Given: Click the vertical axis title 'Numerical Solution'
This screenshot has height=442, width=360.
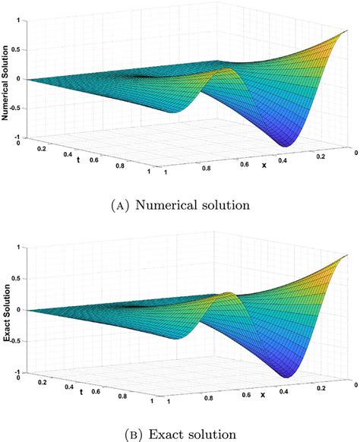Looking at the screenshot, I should (x=5, y=79).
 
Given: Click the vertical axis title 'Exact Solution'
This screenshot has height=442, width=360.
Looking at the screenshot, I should (x=5, y=310).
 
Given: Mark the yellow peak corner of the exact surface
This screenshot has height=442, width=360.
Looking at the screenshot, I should (x=349, y=254).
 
